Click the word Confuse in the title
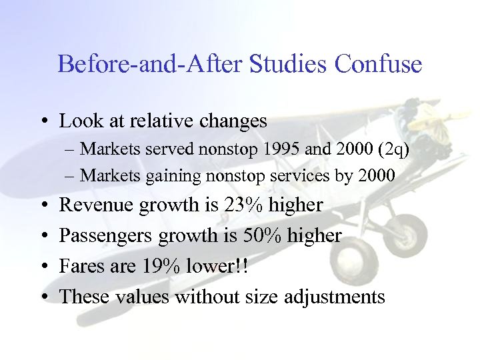pyautogui.click(x=378, y=64)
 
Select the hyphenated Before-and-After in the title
pyautogui.click(x=151, y=64)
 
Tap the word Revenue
pyautogui.click(x=97, y=205)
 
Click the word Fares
pyautogui.click(x=81, y=266)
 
